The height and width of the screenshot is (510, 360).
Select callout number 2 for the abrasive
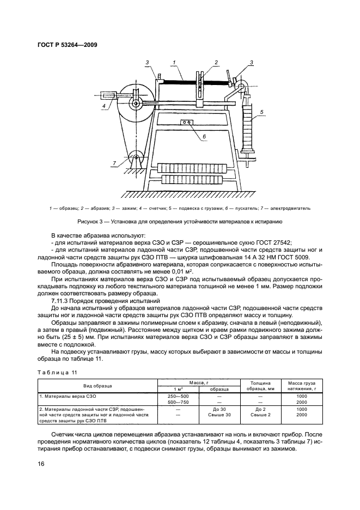(216, 63)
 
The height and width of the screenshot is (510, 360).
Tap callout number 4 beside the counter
(102, 107)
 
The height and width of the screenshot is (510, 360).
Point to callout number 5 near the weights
(263, 112)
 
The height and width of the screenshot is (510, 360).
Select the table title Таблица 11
(57, 371)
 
